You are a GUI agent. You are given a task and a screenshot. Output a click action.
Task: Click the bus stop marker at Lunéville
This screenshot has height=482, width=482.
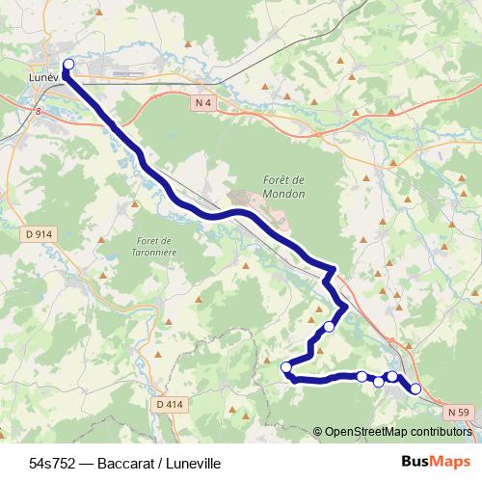[67, 65]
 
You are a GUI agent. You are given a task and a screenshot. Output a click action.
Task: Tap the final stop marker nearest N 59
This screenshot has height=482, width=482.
[415, 388]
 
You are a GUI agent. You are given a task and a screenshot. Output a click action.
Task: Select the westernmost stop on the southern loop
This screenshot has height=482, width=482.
[285, 366]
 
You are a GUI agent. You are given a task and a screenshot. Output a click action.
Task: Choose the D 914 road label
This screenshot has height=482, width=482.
[39, 234]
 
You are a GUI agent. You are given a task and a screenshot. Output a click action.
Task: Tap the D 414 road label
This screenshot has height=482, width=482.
[168, 404]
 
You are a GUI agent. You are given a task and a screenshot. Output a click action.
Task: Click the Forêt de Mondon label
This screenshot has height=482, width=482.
[283, 186]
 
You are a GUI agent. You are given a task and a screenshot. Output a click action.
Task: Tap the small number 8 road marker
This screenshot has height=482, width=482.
[39, 112]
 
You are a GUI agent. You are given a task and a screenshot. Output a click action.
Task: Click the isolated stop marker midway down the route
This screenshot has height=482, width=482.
[329, 327]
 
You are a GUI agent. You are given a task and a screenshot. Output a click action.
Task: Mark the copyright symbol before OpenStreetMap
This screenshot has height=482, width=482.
[318, 432]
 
